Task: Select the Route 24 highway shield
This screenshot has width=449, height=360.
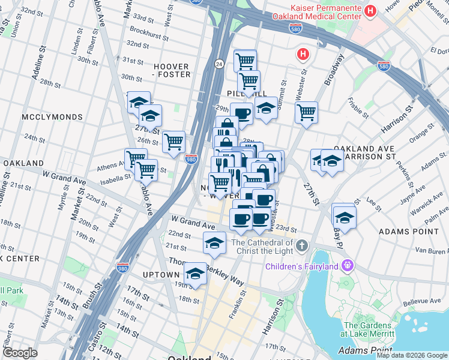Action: pyautogui.click(x=220, y=64)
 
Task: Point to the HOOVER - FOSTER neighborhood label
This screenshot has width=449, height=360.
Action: pyautogui.click(x=172, y=70)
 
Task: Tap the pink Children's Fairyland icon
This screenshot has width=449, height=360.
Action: pyautogui.click(x=347, y=265)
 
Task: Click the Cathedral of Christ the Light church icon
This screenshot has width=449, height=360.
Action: pyautogui.click(x=302, y=246)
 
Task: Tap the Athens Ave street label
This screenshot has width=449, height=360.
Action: pyautogui.click(x=110, y=165)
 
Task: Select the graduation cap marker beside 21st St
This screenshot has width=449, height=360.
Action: pyautogui.click(x=214, y=242)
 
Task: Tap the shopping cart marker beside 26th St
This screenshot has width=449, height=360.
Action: pyautogui.click(x=173, y=142)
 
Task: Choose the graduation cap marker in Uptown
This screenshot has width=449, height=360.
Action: pyautogui.click(x=195, y=273)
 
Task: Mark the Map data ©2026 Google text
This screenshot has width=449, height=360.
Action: pyautogui.click(x=412, y=355)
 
